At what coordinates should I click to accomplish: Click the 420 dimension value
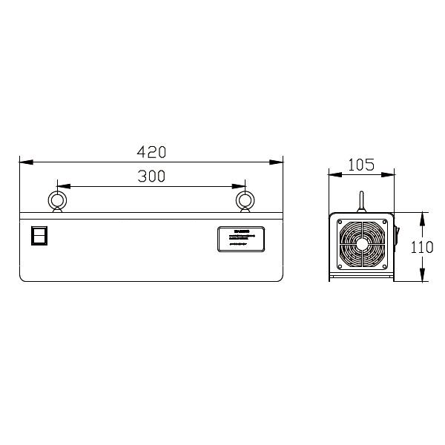tap(151, 151)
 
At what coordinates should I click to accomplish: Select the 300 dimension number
tap(151, 176)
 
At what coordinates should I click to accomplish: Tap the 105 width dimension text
tap(360, 165)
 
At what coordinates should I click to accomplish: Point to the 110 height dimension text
tap(422, 247)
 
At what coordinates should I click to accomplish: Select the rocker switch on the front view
tap(39, 235)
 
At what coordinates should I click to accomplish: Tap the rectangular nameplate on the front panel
tap(241, 240)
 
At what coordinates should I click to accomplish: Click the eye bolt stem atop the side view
tap(361, 202)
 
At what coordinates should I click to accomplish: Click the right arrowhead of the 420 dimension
tap(280, 161)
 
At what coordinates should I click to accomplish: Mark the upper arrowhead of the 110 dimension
tap(422, 216)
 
